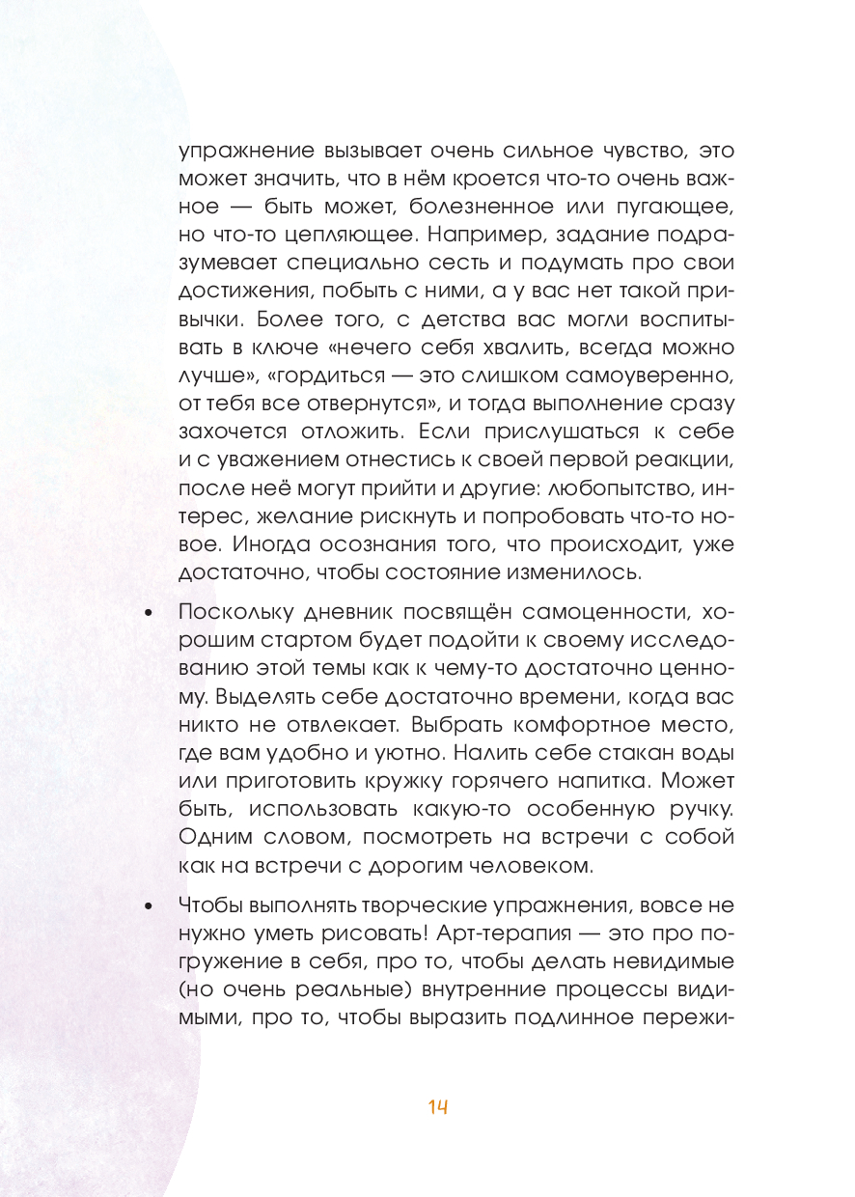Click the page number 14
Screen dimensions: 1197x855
pyautogui.click(x=438, y=1107)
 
